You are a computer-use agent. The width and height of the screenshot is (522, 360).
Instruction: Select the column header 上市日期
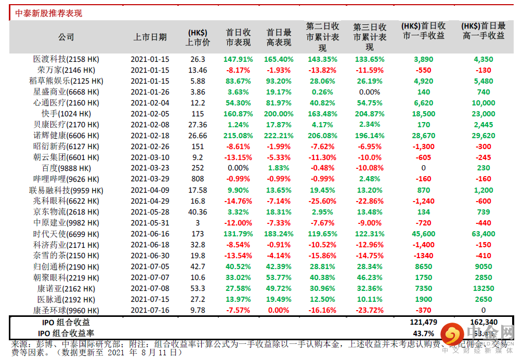coord(150,37)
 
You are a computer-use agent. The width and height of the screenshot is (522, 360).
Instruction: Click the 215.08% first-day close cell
coord(239,136)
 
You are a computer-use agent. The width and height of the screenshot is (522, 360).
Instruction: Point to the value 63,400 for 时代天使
coord(484,234)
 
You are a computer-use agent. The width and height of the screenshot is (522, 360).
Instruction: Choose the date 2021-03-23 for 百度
coord(150,168)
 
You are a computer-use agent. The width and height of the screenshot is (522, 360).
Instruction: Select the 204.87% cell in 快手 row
coord(370,114)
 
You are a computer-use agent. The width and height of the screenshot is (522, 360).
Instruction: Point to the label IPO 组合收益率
coord(66,333)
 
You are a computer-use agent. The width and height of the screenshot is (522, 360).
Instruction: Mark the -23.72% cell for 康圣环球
coord(370,310)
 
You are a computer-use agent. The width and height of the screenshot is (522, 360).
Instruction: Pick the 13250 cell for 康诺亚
coord(484,288)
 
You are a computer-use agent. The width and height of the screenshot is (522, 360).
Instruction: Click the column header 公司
coord(66,37)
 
